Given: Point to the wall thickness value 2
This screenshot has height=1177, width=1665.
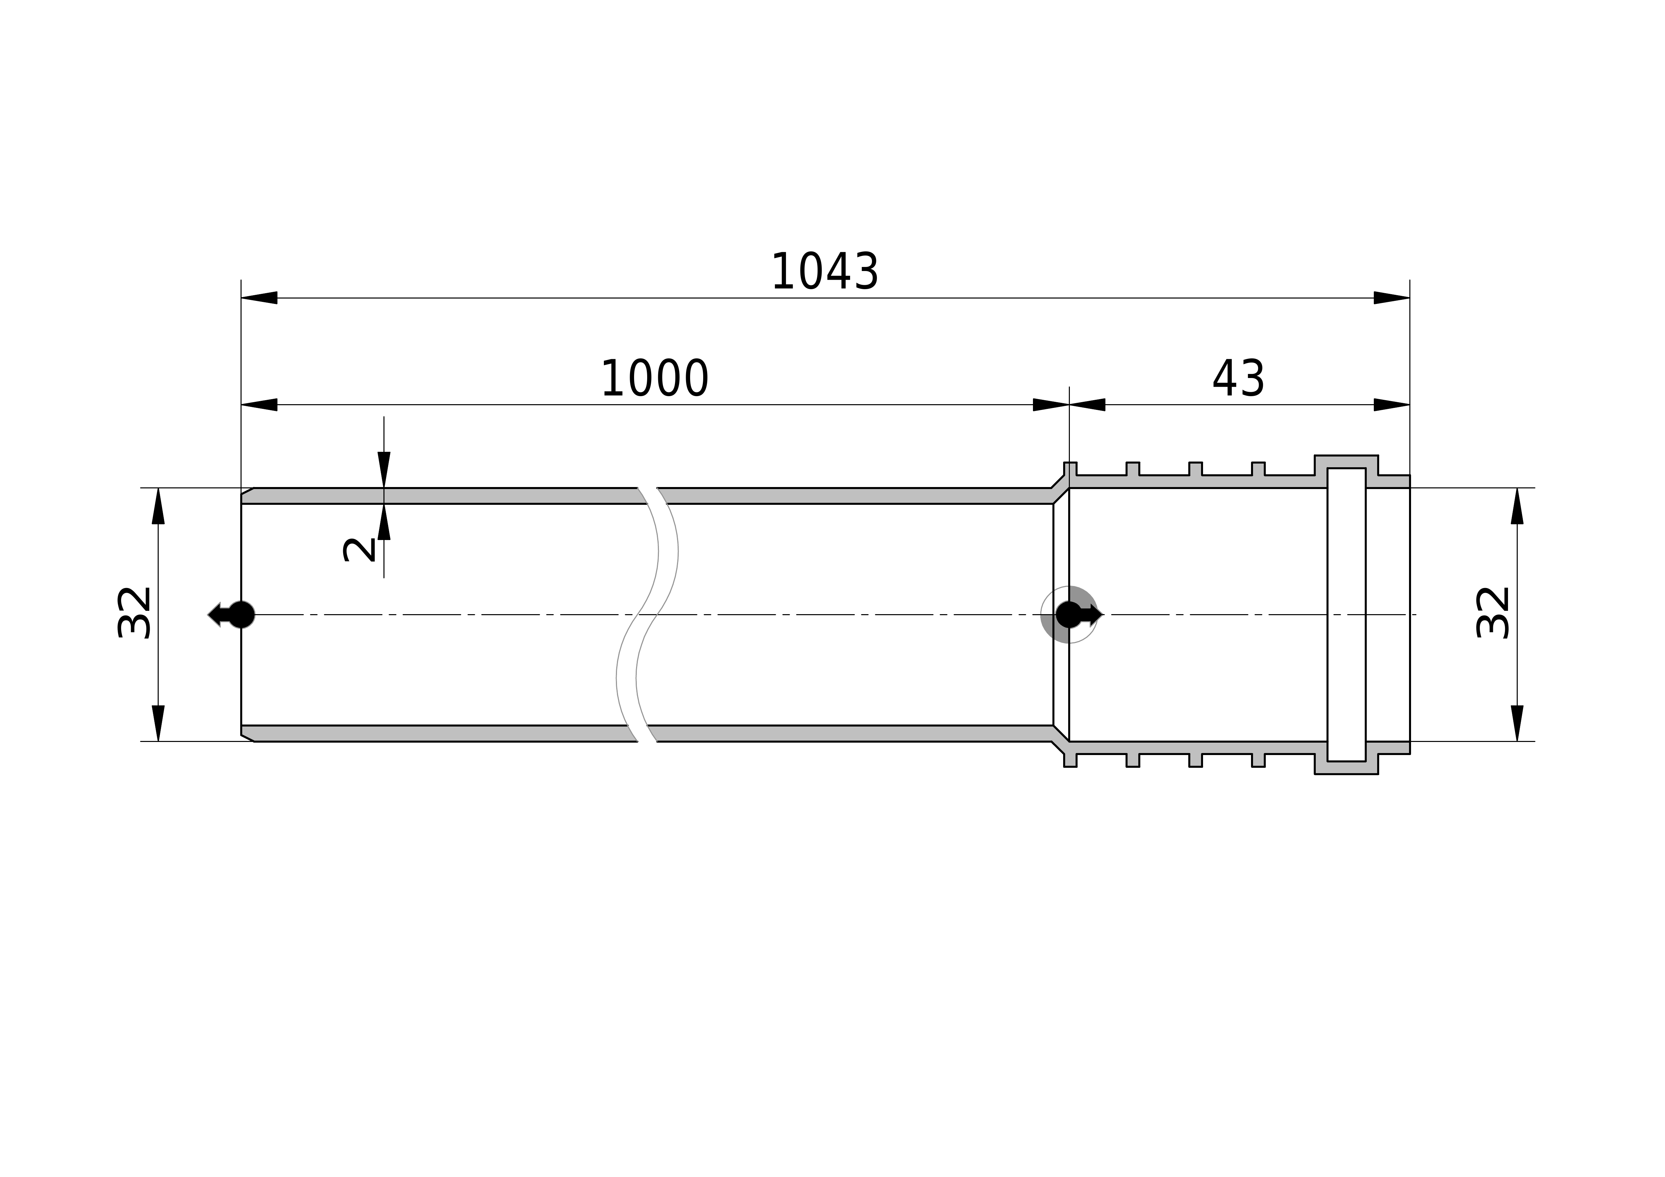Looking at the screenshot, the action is click(x=359, y=550).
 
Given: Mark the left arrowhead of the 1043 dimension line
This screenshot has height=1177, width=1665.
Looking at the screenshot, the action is click(x=259, y=298).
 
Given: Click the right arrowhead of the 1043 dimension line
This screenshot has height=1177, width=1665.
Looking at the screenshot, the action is click(x=1392, y=298).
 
